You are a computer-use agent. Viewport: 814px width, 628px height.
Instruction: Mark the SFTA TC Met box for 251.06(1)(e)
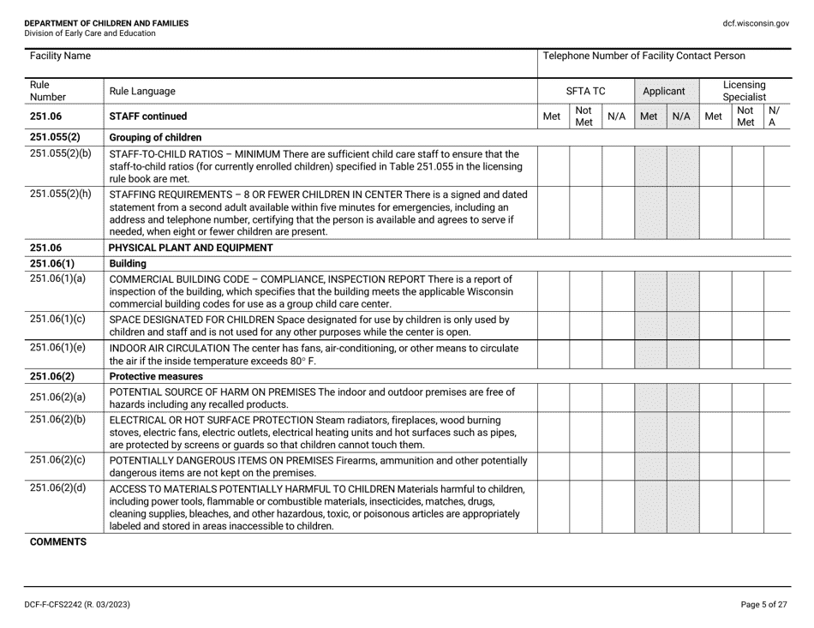[x=553, y=354]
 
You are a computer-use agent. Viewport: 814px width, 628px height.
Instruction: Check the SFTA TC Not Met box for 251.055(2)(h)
[x=585, y=212]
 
